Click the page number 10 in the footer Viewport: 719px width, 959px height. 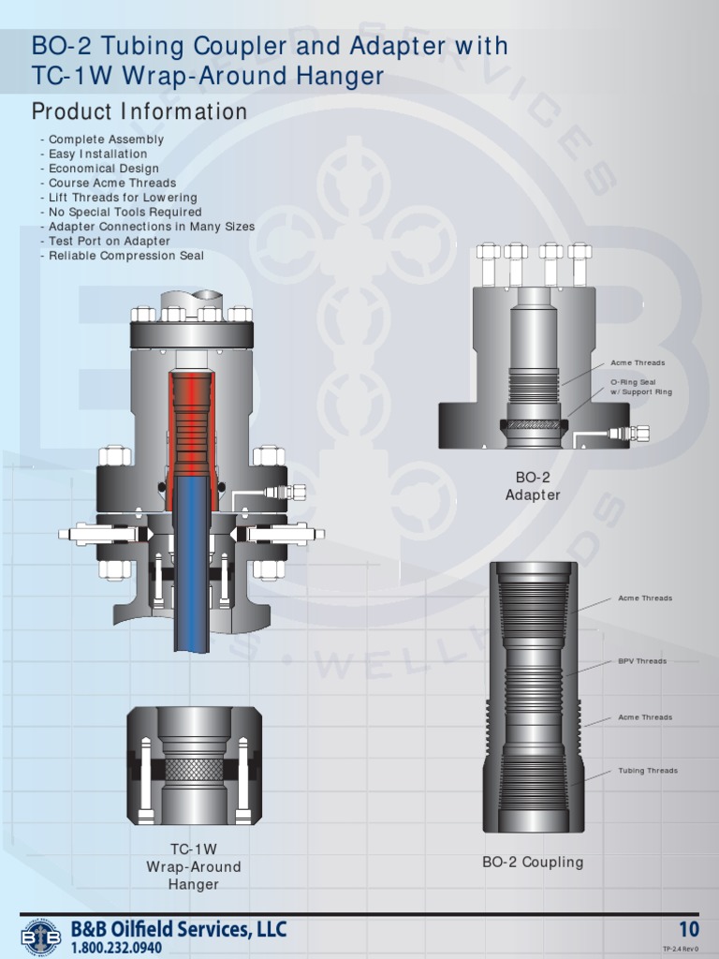click(689, 930)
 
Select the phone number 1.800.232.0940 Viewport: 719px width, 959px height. click(122, 948)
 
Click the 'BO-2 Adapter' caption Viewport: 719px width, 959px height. click(533, 487)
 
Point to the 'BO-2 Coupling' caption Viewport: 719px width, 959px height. click(533, 862)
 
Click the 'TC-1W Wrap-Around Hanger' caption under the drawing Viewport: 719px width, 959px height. click(194, 866)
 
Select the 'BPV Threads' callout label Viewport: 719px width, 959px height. click(642, 661)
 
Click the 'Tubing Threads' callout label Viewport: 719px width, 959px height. click(647, 771)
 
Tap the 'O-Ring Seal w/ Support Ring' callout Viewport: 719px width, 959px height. click(641, 387)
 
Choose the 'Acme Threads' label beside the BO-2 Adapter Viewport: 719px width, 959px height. click(638, 362)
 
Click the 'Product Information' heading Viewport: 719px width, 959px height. click(139, 112)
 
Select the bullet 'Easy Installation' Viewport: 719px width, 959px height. click(97, 154)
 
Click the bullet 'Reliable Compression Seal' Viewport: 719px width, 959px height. click(125, 256)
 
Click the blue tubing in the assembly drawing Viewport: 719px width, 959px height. click(191, 562)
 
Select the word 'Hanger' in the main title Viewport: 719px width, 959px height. click(340, 77)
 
